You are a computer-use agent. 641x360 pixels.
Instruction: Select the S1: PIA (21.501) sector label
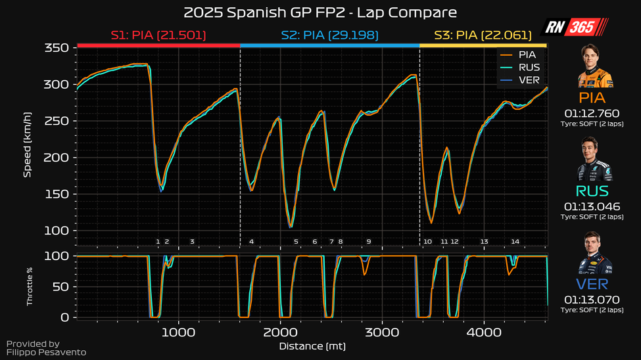[158, 35]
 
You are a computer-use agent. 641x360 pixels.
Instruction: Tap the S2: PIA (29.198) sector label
[329, 35]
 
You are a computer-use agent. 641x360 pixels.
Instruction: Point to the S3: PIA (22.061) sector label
[484, 35]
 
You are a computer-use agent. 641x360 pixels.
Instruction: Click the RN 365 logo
[575, 27]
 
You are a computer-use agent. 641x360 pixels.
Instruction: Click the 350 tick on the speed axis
[58, 48]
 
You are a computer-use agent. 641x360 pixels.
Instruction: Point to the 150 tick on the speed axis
[58, 194]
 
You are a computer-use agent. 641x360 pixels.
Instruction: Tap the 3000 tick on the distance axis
[383, 332]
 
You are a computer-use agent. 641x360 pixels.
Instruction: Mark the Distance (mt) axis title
[312, 346]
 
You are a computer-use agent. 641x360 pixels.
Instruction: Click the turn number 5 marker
[296, 242]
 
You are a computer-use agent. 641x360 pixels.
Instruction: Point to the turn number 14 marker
[515, 242]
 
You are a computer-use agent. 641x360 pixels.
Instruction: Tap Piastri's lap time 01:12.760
[593, 113]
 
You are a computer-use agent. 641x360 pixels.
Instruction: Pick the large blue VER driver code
[592, 284]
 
